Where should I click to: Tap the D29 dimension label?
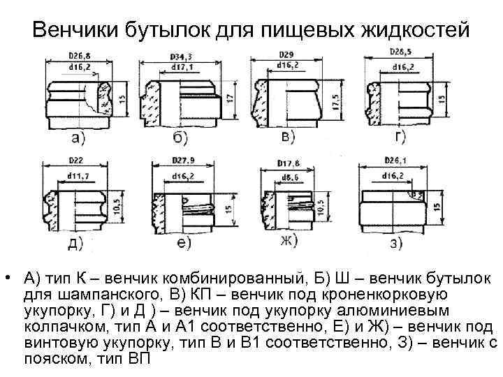point(285,54)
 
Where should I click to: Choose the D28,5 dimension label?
point(400,53)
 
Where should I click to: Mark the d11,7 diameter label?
point(78,175)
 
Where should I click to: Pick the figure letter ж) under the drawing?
point(288,241)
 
